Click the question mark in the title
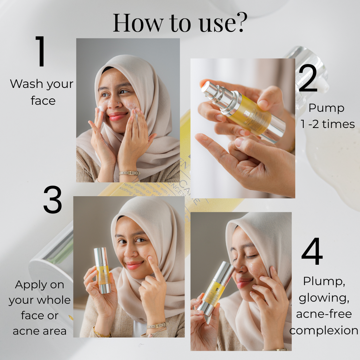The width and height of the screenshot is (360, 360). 239,22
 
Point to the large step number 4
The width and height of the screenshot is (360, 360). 312,252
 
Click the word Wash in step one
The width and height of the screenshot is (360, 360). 27,84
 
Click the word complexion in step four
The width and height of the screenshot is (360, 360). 324,331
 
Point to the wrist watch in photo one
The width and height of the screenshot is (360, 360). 129,173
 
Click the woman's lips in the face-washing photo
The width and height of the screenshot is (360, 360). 117,116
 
